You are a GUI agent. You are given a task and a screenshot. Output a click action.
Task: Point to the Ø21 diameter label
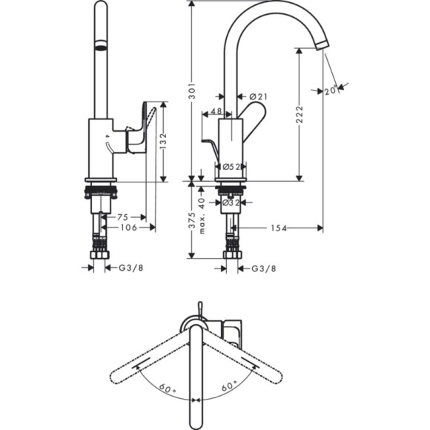point(257,96)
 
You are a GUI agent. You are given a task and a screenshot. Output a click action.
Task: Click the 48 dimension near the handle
point(216,112)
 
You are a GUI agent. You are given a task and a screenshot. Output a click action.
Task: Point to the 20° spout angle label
point(331,90)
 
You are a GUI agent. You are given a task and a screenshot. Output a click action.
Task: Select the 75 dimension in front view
point(125,217)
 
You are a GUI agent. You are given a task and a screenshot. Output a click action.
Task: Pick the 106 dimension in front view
point(128,228)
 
